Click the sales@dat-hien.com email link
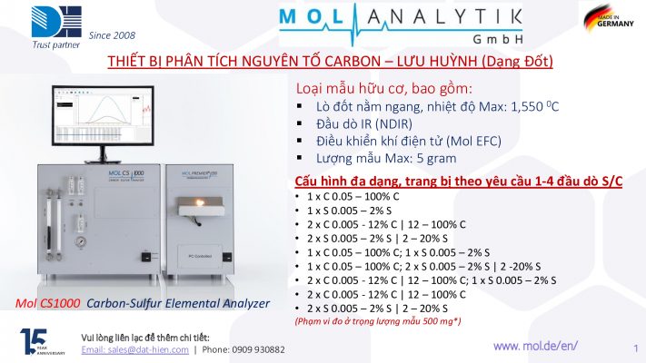(x=135, y=349)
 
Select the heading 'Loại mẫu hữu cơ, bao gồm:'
(x=384, y=89)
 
